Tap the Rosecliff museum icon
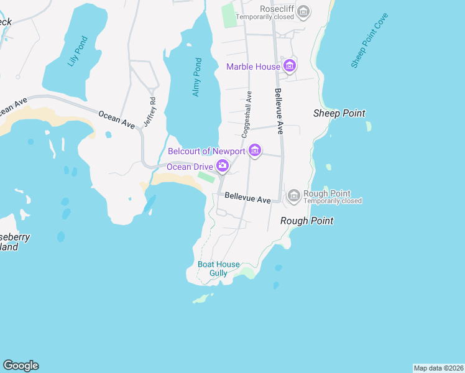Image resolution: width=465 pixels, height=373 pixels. [x=303, y=10]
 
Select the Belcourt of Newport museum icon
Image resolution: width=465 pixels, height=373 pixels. [x=254, y=150]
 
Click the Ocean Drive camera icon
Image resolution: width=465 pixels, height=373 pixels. [x=222, y=166]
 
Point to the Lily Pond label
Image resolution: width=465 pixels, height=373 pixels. [x=77, y=52]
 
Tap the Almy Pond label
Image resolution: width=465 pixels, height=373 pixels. [x=196, y=77]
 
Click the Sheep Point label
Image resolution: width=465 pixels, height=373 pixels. [x=339, y=113]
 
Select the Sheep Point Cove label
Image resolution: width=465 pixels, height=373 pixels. [x=369, y=40]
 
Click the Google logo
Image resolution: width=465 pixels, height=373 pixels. [x=21, y=366]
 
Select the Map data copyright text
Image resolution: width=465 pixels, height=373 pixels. [x=438, y=368]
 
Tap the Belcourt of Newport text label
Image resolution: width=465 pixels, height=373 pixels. [x=208, y=151]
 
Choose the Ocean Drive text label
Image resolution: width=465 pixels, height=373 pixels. [x=190, y=167]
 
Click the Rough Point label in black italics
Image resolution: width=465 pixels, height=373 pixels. [x=306, y=221]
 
